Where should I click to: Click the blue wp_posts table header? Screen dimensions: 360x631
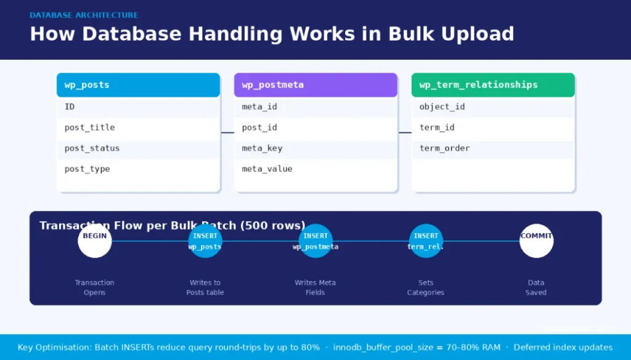click(138, 85)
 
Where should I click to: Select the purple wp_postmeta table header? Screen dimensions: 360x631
click(315, 85)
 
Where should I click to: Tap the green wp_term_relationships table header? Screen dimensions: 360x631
click(493, 85)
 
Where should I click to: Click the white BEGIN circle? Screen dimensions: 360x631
click(95, 241)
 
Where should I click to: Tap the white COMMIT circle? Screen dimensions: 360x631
click(536, 241)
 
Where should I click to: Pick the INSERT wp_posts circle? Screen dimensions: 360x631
click(205, 241)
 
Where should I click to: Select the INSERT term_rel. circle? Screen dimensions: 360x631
click(426, 241)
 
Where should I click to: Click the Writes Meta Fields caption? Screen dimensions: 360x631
click(315, 287)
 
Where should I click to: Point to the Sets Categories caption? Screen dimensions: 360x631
click(425, 287)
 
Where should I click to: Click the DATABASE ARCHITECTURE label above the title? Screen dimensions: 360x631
click(84, 15)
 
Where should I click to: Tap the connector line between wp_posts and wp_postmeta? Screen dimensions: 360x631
click(227, 133)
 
